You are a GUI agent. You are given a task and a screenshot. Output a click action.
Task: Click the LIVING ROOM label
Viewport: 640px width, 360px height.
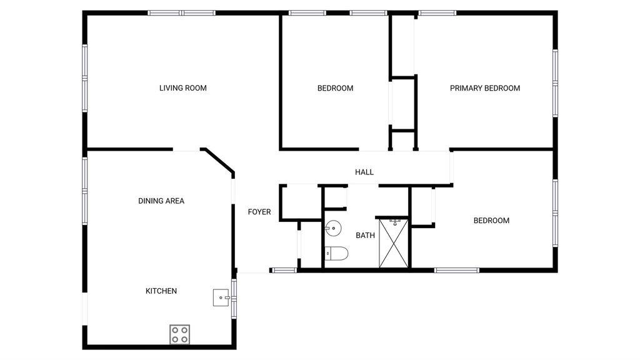[183, 87]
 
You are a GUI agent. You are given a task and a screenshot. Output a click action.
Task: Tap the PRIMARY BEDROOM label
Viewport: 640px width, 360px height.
[485, 87]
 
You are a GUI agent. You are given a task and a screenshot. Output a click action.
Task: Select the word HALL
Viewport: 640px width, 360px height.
[364, 172]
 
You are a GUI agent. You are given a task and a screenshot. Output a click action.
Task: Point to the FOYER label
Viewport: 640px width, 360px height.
[259, 211]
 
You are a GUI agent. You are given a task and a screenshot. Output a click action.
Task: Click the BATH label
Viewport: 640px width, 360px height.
[365, 235]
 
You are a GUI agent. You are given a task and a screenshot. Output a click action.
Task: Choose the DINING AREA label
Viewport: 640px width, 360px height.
[161, 201]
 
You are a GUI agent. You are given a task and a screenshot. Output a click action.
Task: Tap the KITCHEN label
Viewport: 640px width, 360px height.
[161, 291]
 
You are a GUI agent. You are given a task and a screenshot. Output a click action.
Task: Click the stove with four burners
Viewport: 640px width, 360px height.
[179, 334]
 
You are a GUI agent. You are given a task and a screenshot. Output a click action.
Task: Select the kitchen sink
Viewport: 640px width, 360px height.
[221, 297]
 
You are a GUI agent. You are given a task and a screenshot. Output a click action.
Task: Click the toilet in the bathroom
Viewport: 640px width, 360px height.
[336, 254]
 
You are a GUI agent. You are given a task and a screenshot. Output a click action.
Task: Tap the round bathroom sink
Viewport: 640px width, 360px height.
[333, 227]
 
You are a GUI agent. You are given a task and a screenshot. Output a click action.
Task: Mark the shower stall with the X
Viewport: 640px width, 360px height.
[394, 243]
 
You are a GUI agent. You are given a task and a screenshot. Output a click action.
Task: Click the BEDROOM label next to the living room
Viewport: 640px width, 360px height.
[335, 87]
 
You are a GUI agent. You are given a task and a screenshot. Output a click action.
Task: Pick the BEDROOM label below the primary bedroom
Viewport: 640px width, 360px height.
[491, 221]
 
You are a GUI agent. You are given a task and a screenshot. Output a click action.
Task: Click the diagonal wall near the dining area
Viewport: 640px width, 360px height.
[219, 161]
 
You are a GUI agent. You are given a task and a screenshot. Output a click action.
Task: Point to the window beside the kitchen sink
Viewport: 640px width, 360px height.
[234, 298]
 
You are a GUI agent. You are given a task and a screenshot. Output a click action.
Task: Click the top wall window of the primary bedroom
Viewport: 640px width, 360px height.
[437, 13]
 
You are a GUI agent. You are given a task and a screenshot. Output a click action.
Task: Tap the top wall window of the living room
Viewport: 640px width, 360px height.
[181, 13]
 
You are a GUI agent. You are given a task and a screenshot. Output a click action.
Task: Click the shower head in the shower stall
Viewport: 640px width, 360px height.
[395, 222]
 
